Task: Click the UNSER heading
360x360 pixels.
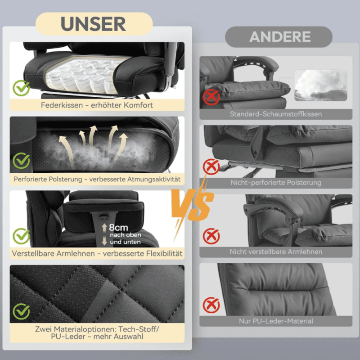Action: pos(93,24)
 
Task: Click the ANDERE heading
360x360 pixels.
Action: pos(280,37)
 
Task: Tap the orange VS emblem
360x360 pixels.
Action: pos(193,204)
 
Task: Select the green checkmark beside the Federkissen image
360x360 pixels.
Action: pos(21,88)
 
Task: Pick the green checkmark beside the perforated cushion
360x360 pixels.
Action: pos(21,161)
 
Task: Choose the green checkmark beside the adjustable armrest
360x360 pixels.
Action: pos(21,236)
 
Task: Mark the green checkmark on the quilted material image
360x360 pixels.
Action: pos(21,311)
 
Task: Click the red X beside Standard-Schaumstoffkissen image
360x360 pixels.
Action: pos(211,97)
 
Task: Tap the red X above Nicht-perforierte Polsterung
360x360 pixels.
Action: pos(211,167)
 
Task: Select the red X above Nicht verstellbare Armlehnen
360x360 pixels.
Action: pos(211,236)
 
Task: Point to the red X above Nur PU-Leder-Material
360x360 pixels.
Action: pos(211,305)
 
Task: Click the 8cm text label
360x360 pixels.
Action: pos(118,228)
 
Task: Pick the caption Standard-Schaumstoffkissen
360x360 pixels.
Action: pos(276,114)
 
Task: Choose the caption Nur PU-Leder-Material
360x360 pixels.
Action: pos(276,321)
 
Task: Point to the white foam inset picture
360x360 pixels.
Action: pos(321,85)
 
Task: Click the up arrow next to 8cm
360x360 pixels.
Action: pos(104,228)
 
